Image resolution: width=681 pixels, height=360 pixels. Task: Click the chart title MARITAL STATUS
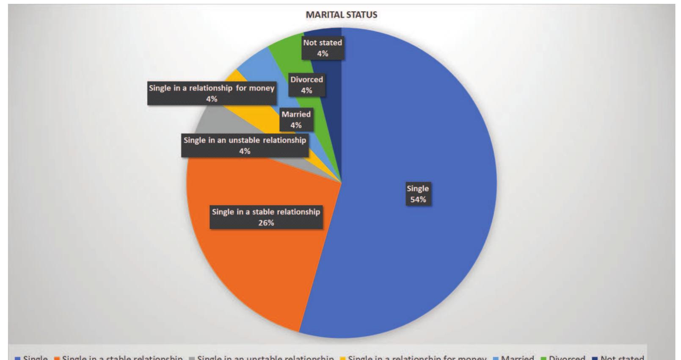click(341, 15)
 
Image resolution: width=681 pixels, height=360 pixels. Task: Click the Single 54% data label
click(418, 194)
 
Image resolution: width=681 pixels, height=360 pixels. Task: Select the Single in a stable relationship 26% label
click(266, 217)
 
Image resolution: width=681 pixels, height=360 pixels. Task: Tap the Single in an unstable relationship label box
click(245, 146)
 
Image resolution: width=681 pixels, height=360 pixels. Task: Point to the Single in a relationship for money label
click(212, 94)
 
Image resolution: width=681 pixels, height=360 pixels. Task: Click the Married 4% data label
click(296, 120)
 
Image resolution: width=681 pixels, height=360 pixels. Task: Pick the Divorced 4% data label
click(306, 85)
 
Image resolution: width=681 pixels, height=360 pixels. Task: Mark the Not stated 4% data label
click(323, 48)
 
